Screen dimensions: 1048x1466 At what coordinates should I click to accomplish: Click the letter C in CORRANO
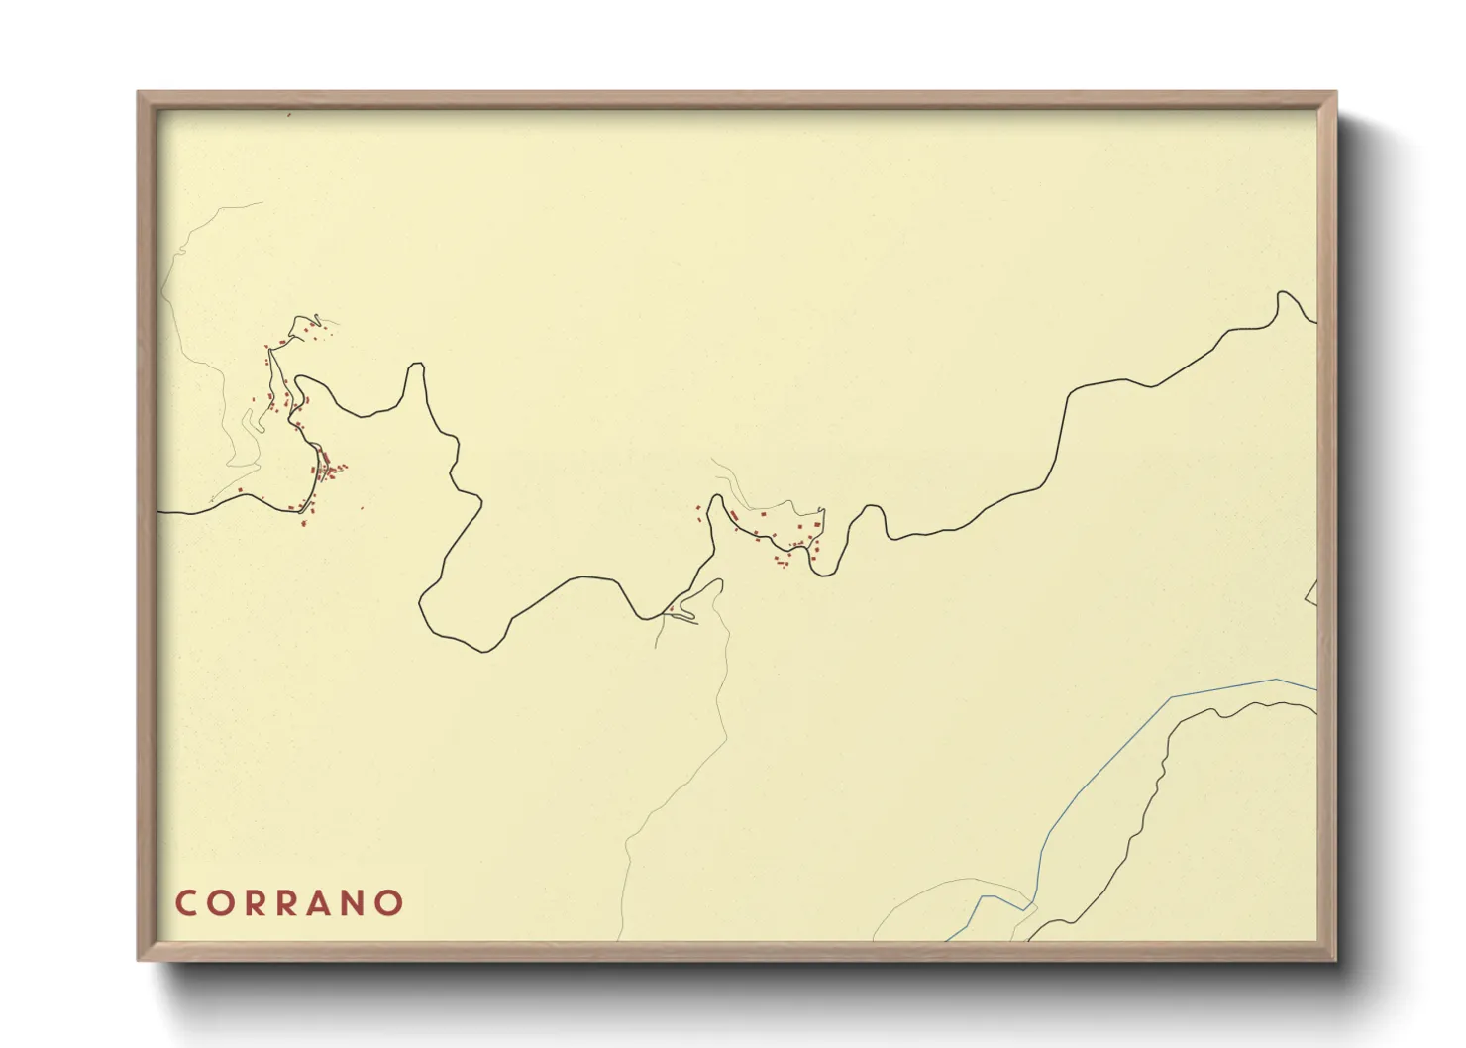point(186,903)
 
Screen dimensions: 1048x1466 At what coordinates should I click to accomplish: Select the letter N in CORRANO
point(356,903)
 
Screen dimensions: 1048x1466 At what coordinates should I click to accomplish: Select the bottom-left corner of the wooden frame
point(140,958)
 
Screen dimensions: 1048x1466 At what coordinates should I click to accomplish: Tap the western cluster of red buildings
point(297,416)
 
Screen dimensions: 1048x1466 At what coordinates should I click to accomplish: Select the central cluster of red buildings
point(783,535)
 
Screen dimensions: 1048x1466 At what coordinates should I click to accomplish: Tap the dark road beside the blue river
point(1154,783)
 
